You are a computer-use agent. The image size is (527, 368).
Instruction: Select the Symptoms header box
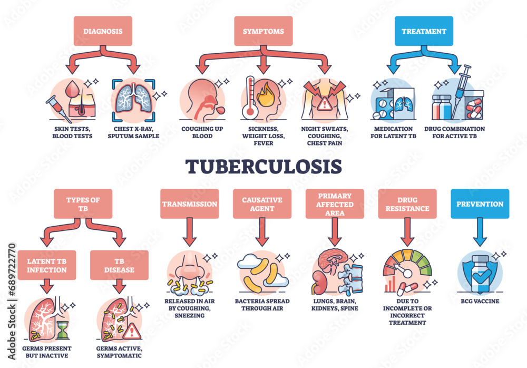pyautogui.click(x=263, y=31)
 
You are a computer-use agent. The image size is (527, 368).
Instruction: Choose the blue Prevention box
pyautogui.click(x=480, y=204)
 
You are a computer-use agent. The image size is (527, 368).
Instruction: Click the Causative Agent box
pyautogui.click(x=262, y=204)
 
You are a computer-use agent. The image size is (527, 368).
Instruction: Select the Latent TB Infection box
pyautogui.click(x=47, y=265)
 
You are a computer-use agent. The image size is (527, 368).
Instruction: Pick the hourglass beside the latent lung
pyautogui.click(x=63, y=331)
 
